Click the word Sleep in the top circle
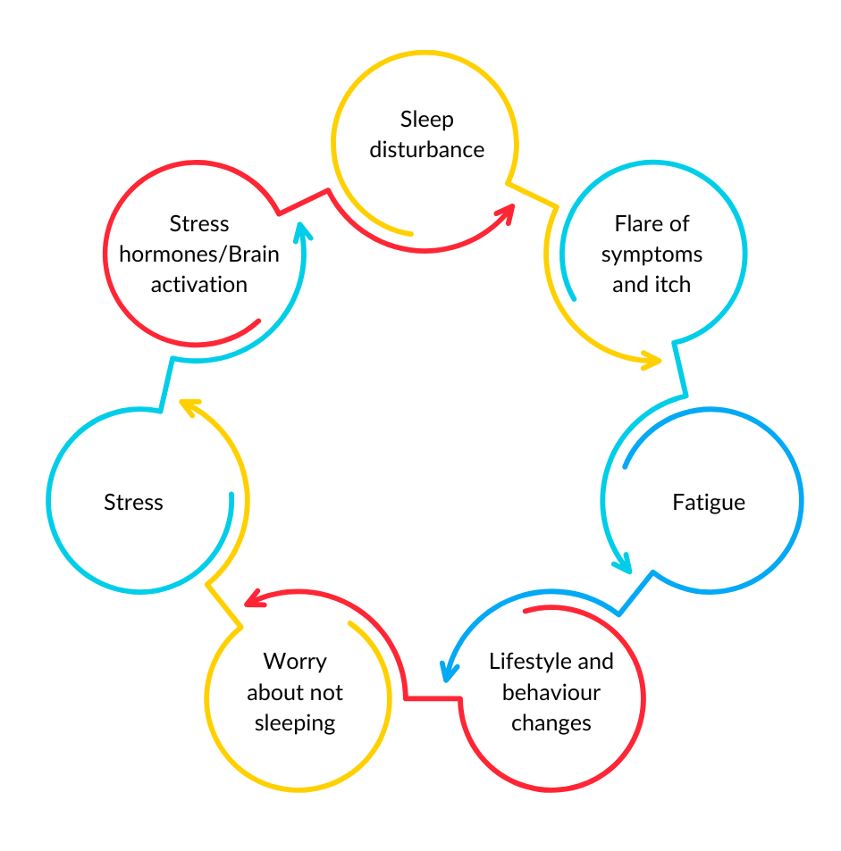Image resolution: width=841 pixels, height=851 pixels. click(426, 120)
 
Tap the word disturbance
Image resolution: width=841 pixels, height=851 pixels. click(426, 150)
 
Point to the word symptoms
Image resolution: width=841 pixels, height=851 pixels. click(652, 255)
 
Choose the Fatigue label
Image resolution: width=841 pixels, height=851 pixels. click(708, 503)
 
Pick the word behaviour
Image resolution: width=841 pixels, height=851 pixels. click(551, 693)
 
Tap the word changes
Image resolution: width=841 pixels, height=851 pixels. click(551, 723)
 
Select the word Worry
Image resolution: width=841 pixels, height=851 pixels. click(295, 662)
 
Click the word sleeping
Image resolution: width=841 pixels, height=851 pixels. click(295, 723)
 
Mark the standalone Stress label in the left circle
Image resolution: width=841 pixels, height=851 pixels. click(133, 503)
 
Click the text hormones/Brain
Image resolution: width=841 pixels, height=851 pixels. click(198, 255)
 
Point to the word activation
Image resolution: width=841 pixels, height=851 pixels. click(198, 286)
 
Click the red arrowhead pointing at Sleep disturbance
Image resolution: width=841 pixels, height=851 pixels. click(507, 212)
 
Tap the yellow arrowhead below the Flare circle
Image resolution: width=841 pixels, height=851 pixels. click(652, 361)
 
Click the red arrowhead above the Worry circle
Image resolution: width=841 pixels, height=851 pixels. click(254, 597)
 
